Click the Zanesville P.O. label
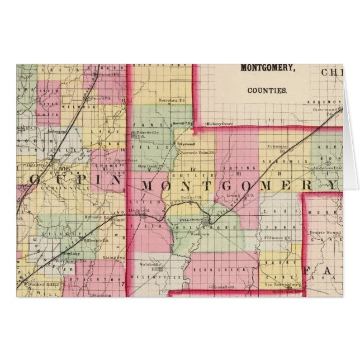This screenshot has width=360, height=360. (145, 133)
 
